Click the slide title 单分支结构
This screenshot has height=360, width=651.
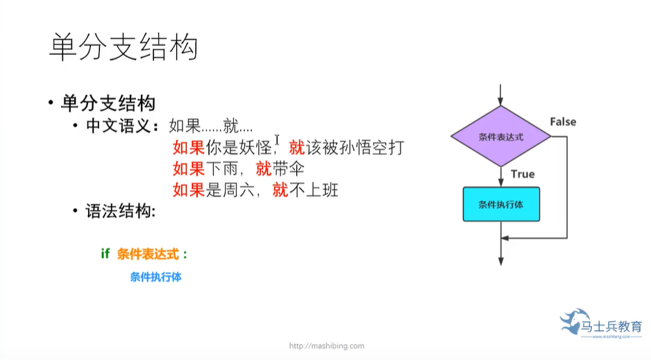[x=124, y=47]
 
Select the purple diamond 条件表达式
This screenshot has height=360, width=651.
[x=500, y=137]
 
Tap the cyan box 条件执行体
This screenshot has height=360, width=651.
[x=500, y=205]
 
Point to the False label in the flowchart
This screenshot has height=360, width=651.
[x=563, y=122]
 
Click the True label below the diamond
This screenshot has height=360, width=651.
[x=523, y=174]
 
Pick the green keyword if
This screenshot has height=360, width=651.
[x=105, y=254]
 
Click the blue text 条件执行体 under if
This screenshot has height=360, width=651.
[x=155, y=277]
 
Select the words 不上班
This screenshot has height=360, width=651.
[x=314, y=189]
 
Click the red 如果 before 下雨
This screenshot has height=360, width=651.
[x=188, y=169]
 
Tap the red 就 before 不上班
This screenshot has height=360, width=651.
[x=280, y=189]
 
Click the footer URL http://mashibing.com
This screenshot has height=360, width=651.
[x=326, y=346]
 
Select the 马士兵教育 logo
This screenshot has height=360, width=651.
[x=601, y=325]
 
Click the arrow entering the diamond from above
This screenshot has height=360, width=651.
[x=500, y=94]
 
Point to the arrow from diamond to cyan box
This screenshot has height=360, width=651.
[x=500, y=178]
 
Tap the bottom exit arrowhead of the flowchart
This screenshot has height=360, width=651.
[x=500, y=260]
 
